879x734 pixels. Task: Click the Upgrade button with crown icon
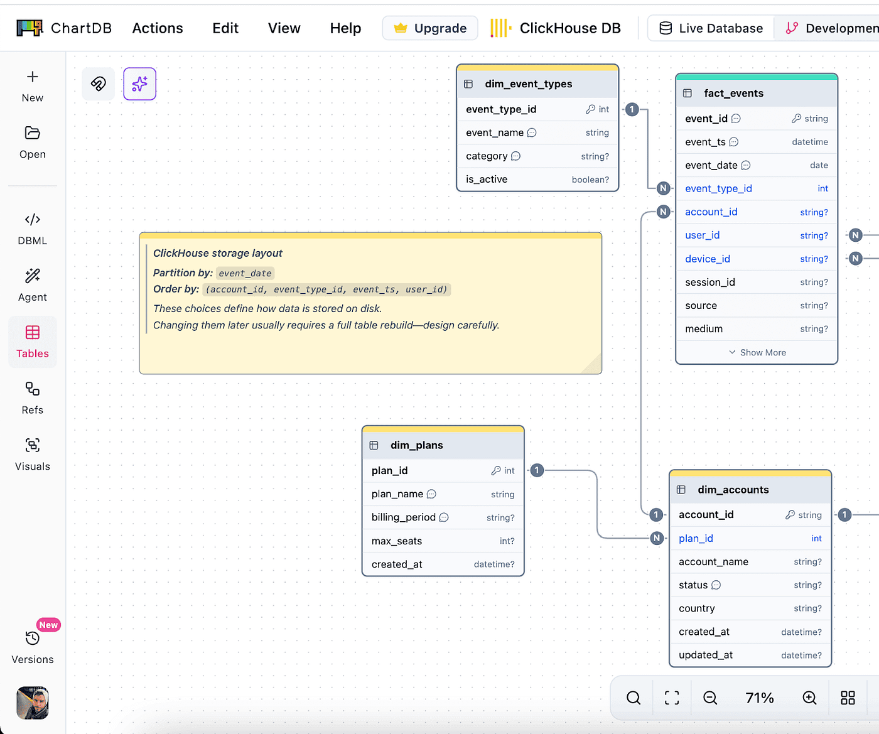(x=430, y=28)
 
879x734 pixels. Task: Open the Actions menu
(x=158, y=28)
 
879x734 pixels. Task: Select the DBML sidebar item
(x=33, y=229)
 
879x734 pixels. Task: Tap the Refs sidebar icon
(x=33, y=389)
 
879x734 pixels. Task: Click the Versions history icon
(x=33, y=638)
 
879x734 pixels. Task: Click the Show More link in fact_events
(x=757, y=352)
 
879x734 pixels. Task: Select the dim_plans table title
(x=417, y=445)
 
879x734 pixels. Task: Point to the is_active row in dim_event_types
(x=537, y=180)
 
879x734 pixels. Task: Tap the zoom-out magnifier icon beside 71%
(x=709, y=698)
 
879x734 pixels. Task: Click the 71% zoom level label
(x=760, y=698)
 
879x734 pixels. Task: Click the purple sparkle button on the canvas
(x=140, y=84)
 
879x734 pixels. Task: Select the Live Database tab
(x=711, y=28)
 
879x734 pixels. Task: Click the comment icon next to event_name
(x=532, y=132)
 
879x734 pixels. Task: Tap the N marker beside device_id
(x=855, y=258)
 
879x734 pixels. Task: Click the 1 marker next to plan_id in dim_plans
(x=537, y=470)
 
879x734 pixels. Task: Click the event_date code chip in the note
(x=245, y=273)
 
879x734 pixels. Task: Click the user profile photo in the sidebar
(x=33, y=703)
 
